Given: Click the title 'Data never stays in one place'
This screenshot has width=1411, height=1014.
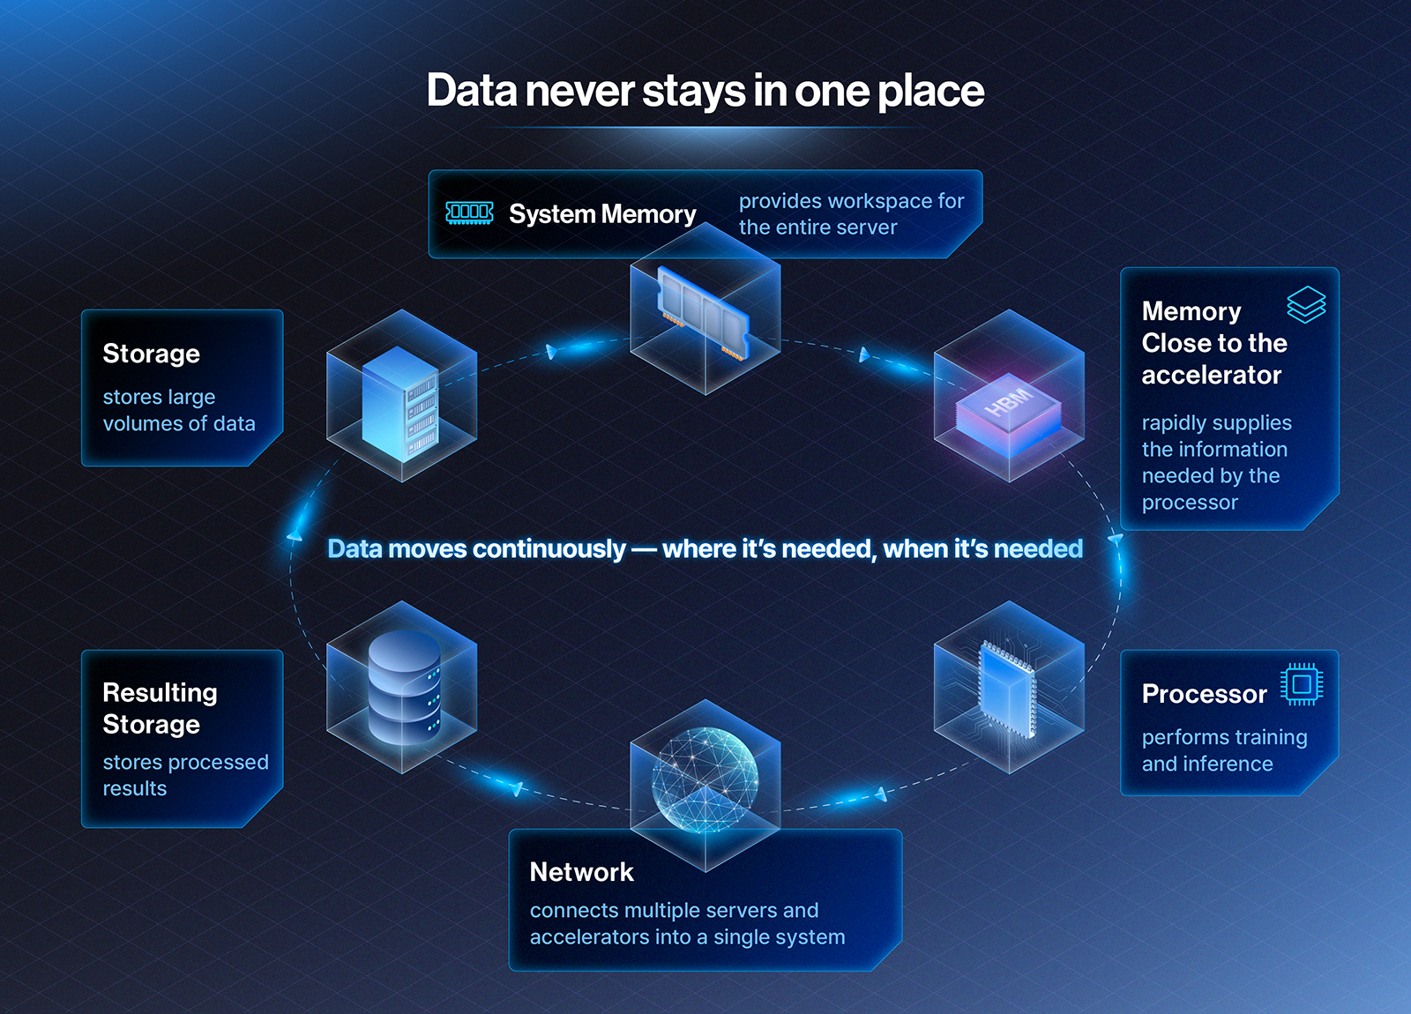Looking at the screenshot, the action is point(705,91).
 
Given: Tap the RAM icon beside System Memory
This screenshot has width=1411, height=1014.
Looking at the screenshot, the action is point(469,213).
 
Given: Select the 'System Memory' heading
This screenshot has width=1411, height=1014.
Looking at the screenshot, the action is point(602,214).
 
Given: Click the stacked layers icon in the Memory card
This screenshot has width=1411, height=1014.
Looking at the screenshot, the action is point(1306,305).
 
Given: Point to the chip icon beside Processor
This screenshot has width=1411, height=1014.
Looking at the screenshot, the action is point(1302,684).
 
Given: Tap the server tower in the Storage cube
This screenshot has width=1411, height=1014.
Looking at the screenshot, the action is point(400,404).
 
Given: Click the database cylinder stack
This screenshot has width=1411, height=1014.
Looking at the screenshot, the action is point(405,688).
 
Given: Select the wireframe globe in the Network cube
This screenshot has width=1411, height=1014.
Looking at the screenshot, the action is point(705,780).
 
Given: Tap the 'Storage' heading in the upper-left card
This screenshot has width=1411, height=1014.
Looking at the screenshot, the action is point(151,354).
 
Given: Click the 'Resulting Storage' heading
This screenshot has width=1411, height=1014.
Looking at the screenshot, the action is point(160,709).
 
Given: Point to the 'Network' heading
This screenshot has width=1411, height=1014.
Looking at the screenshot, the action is point(581,872).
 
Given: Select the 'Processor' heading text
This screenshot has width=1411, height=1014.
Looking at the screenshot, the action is point(1204,694).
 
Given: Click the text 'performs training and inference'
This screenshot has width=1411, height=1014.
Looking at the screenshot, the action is point(1225,750).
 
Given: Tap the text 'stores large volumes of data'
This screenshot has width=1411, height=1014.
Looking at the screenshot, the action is point(179,410).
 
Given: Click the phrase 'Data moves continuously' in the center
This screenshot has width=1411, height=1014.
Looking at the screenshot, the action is point(476,549).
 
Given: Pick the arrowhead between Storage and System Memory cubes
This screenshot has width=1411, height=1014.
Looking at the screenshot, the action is point(551,352).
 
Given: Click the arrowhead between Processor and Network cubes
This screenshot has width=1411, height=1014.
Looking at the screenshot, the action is point(881,794).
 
